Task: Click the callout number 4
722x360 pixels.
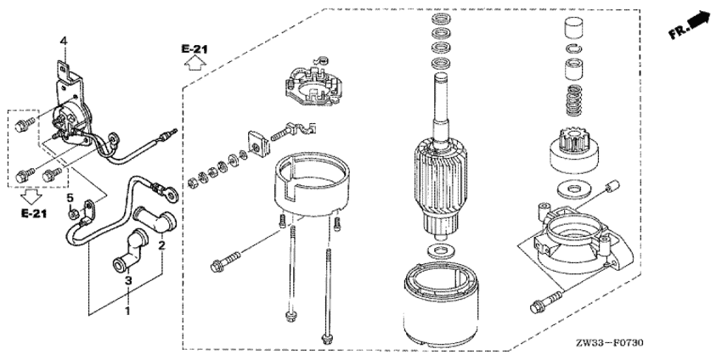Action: [x=64, y=42]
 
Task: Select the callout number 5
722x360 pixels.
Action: [x=70, y=199]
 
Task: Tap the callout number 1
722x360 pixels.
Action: [x=127, y=312]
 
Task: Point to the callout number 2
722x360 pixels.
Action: [x=161, y=245]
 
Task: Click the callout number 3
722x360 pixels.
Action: [x=128, y=280]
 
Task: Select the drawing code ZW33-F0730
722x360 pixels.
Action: [x=609, y=343]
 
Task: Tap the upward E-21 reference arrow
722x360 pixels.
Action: [x=195, y=63]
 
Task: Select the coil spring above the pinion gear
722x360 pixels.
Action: [x=573, y=100]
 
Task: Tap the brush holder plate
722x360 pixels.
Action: [x=313, y=84]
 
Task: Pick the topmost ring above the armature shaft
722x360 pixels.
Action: [x=441, y=20]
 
